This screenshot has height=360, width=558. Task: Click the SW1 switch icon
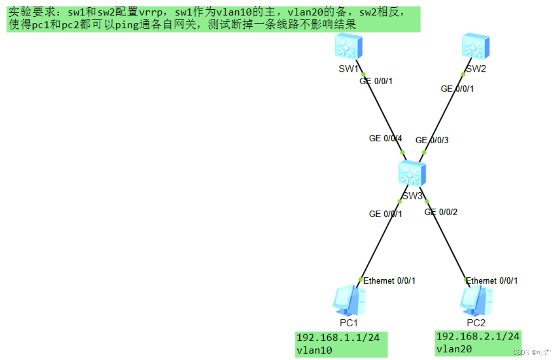click(349, 47)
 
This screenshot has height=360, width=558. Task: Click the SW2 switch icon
click(475, 47)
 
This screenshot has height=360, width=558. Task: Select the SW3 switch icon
click(412, 173)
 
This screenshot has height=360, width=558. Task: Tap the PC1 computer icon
click(349, 300)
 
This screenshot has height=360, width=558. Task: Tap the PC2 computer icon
click(475, 300)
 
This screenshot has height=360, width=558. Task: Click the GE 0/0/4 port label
click(385, 138)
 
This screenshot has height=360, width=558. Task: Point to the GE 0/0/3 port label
click(432, 140)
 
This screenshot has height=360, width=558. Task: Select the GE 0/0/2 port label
click(441, 212)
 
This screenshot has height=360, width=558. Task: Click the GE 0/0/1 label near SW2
click(457, 89)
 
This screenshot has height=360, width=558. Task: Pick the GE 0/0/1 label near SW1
click(376, 81)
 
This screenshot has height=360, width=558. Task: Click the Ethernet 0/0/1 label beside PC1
click(389, 281)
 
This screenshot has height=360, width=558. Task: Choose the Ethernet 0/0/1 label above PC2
click(491, 281)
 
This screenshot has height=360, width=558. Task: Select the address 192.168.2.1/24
click(477, 337)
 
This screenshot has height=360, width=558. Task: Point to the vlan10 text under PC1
click(314, 350)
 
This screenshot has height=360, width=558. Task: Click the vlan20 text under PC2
click(453, 349)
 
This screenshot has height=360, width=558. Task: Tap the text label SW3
click(412, 196)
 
